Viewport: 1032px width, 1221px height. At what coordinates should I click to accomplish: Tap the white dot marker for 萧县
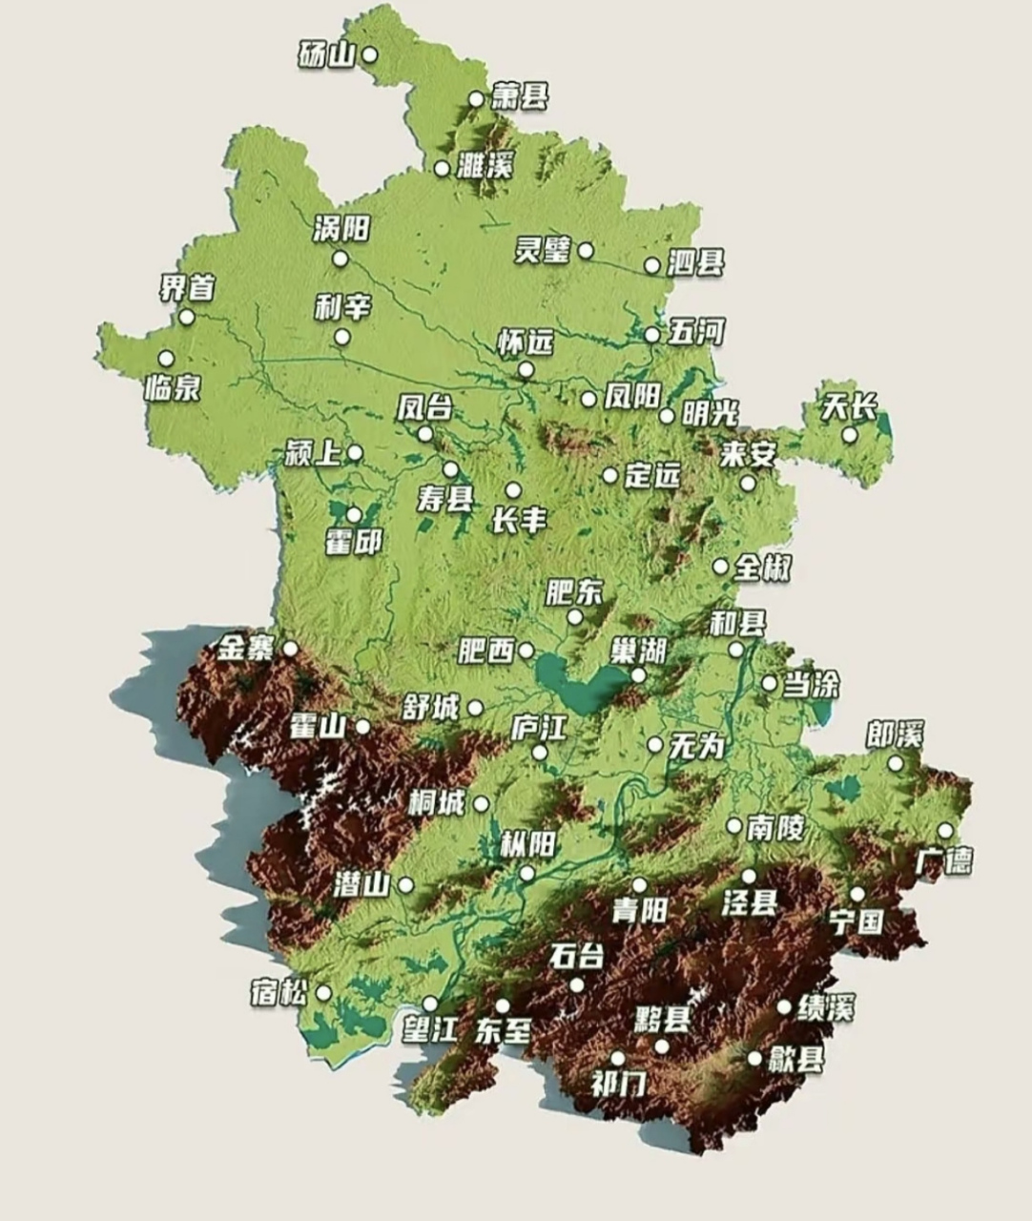click(476, 99)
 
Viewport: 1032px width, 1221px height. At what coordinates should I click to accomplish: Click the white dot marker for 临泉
click(166, 359)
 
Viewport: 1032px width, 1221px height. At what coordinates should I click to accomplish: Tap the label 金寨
click(244, 649)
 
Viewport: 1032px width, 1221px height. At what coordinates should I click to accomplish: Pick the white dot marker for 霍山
click(362, 727)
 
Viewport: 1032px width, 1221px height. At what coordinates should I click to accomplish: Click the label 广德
click(943, 860)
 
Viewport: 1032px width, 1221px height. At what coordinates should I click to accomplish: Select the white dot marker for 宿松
click(323, 993)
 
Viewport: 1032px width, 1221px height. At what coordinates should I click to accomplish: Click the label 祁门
click(618, 1084)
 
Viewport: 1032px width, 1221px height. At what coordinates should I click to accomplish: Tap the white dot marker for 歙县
click(754, 1058)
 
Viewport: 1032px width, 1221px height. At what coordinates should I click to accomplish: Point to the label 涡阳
click(341, 229)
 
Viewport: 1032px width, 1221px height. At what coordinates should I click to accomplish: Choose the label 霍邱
click(353, 542)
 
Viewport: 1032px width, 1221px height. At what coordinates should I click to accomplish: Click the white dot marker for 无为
click(655, 745)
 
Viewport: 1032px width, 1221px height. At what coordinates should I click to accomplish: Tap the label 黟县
click(662, 1019)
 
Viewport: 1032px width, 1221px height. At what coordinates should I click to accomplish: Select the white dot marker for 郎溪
click(896, 763)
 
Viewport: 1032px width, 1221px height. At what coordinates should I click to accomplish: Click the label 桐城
click(435, 803)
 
